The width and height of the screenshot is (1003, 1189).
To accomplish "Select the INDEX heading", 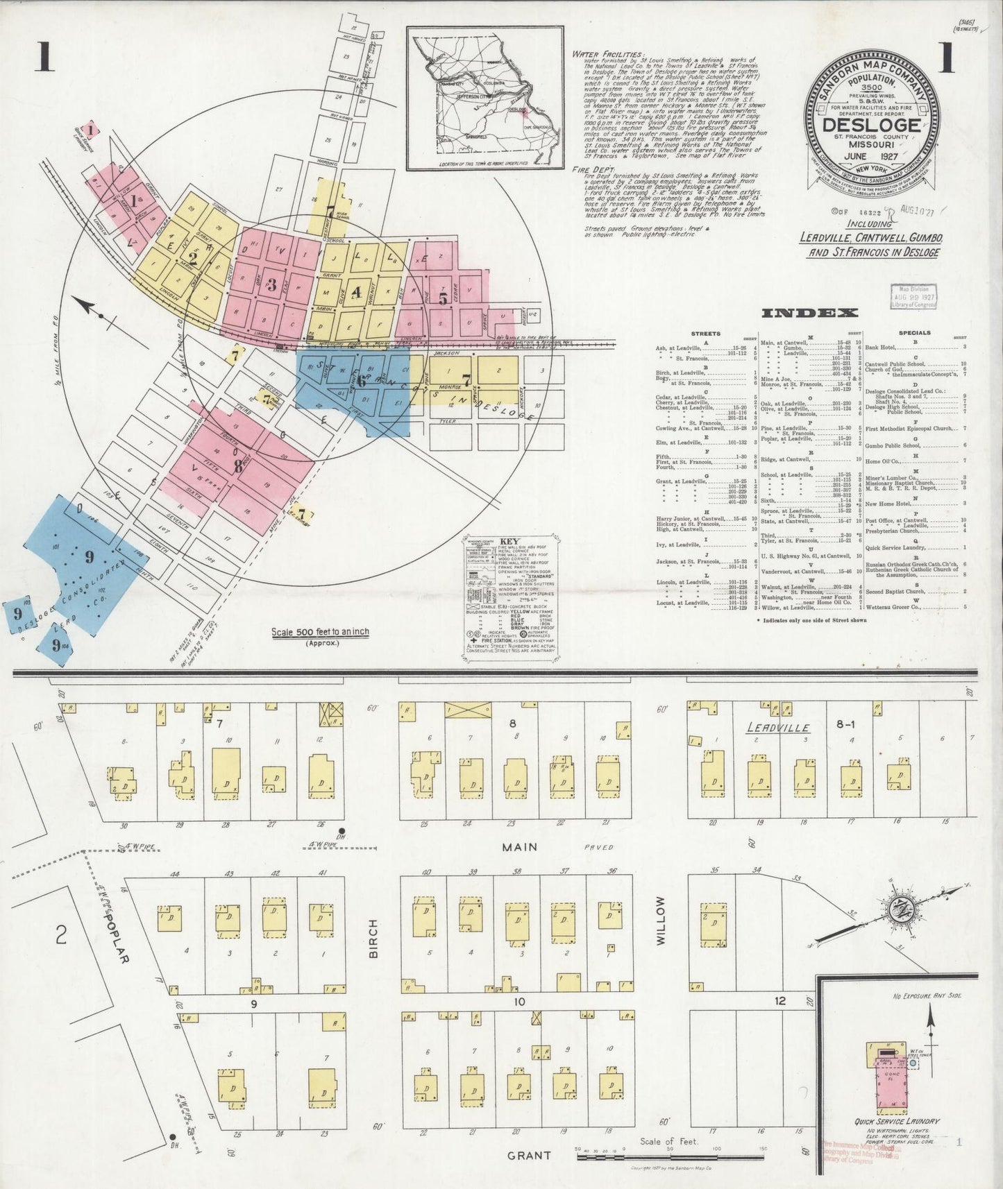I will coord(809,314).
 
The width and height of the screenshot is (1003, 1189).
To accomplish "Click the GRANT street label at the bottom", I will coord(529,1156).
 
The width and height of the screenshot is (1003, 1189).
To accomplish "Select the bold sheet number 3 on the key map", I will coord(272,284).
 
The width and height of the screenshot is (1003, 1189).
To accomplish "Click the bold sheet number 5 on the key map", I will coord(443,299).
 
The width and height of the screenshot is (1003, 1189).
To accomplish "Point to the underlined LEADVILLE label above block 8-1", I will coord(777,728).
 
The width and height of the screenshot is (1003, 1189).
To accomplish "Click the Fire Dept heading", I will coord(592,169).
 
